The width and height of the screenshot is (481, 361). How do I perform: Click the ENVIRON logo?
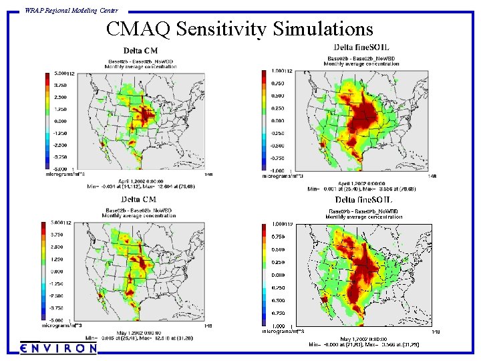click(59, 348)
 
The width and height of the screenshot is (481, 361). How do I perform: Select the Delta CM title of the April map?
click(140, 51)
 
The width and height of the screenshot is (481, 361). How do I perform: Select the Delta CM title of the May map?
click(139, 199)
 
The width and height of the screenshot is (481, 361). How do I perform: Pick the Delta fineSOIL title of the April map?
click(361, 47)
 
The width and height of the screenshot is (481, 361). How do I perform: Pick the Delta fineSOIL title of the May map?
click(363, 200)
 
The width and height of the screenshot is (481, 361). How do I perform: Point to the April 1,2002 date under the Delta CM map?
click(142, 181)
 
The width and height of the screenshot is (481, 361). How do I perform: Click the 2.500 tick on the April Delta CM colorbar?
click(59, 97)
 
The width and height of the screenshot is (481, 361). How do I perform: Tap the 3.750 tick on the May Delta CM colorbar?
click(59, 235)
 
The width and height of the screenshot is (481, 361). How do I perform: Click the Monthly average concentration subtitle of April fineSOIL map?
click(361, 64)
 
